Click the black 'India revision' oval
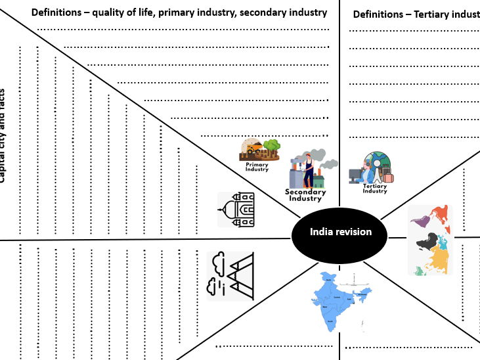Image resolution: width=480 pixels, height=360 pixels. [x=340, y=232]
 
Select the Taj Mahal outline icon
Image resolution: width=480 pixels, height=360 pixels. [x=236, y=210]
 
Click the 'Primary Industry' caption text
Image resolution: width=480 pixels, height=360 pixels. [x=257, y=167]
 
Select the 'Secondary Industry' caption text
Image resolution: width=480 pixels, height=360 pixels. [x=305, y=195]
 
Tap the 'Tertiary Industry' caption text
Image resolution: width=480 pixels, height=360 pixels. [x=375, y=189]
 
